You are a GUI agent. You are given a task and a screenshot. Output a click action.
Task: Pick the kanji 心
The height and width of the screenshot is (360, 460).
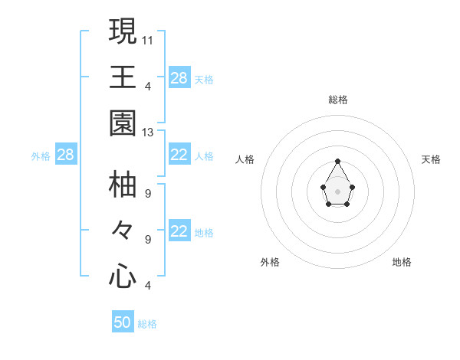click(x=123, y=276)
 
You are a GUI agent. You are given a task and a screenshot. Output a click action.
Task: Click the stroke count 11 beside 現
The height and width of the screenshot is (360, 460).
click(x=148, y=39)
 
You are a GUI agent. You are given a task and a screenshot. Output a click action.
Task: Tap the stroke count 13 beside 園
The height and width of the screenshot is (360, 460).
click(x=148, y=133)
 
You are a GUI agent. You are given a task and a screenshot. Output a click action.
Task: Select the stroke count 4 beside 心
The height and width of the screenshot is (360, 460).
click(x=148, y=286)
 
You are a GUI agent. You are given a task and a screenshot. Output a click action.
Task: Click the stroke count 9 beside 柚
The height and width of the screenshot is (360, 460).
click(x=148, y=192)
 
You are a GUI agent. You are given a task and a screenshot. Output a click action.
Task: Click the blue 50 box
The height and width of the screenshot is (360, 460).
click(x=123, y=322)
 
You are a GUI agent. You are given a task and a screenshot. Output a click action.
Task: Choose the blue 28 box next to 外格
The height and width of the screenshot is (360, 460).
click(x=66, y=155)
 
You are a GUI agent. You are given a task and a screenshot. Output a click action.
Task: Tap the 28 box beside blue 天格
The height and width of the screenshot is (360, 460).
click(x=179, y=78)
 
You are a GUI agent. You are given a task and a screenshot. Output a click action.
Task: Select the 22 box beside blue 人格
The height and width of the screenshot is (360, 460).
click(x=179, y=155)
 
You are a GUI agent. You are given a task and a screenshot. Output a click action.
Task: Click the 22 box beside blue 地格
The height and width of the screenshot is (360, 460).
click(x=179, y=232)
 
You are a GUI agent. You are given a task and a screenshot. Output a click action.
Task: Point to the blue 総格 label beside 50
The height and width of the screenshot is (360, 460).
click(x=147, y=324)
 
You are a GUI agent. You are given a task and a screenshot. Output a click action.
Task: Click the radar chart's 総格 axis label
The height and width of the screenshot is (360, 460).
click(x=338, y=100)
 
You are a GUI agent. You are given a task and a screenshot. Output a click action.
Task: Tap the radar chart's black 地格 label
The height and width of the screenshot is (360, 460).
click(x=402, y=262)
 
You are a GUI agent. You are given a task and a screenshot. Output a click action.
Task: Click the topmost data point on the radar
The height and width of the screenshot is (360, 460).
click(x=338, y=161)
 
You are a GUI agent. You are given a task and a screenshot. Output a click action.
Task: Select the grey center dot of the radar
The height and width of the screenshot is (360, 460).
click(x=338, y=191)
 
